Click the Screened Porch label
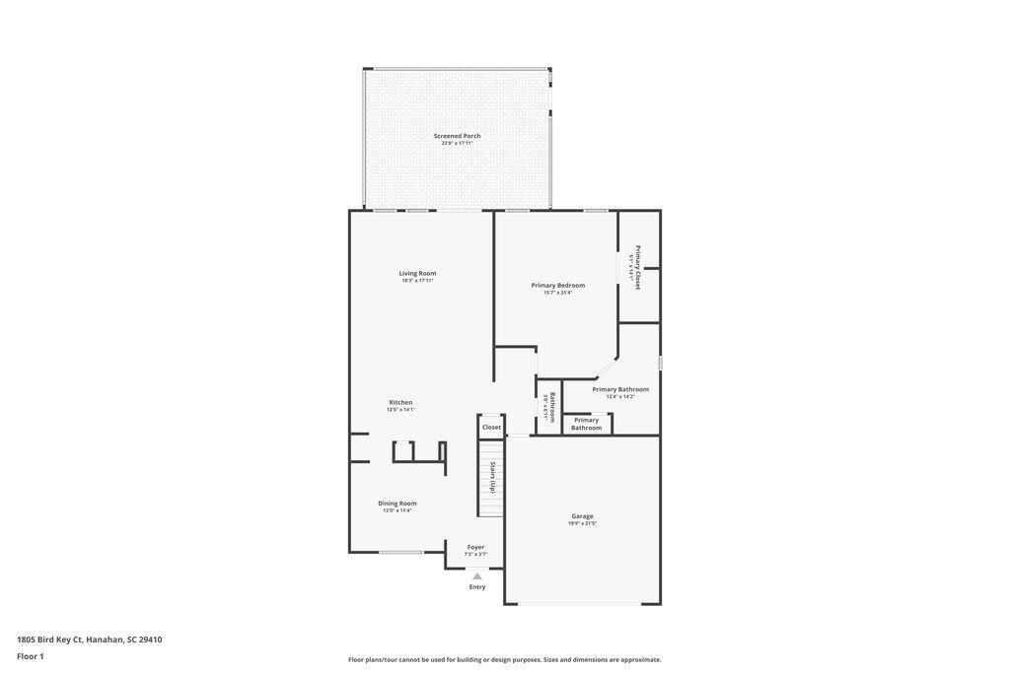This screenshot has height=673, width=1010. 457,136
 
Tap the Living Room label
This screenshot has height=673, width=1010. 417,273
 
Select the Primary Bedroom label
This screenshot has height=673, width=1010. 557,285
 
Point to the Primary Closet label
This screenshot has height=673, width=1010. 637,266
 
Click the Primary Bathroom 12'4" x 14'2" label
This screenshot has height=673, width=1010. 620,389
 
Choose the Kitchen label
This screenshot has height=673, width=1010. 400,402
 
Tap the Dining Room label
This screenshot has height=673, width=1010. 397,503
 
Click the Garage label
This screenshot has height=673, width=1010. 582,515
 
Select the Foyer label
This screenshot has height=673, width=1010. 475,547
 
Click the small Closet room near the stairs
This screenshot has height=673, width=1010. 491,427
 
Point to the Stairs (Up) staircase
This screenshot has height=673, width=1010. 491,478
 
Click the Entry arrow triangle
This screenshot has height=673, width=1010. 477,576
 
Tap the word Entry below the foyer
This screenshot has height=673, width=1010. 477,587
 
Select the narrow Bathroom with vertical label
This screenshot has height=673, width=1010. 549,407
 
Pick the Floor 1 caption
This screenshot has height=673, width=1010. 31,656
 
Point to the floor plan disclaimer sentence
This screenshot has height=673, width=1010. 504,660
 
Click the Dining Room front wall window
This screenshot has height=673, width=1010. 401,553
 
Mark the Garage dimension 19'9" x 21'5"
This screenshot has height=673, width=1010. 582,523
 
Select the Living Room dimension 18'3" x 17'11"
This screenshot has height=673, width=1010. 417,281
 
